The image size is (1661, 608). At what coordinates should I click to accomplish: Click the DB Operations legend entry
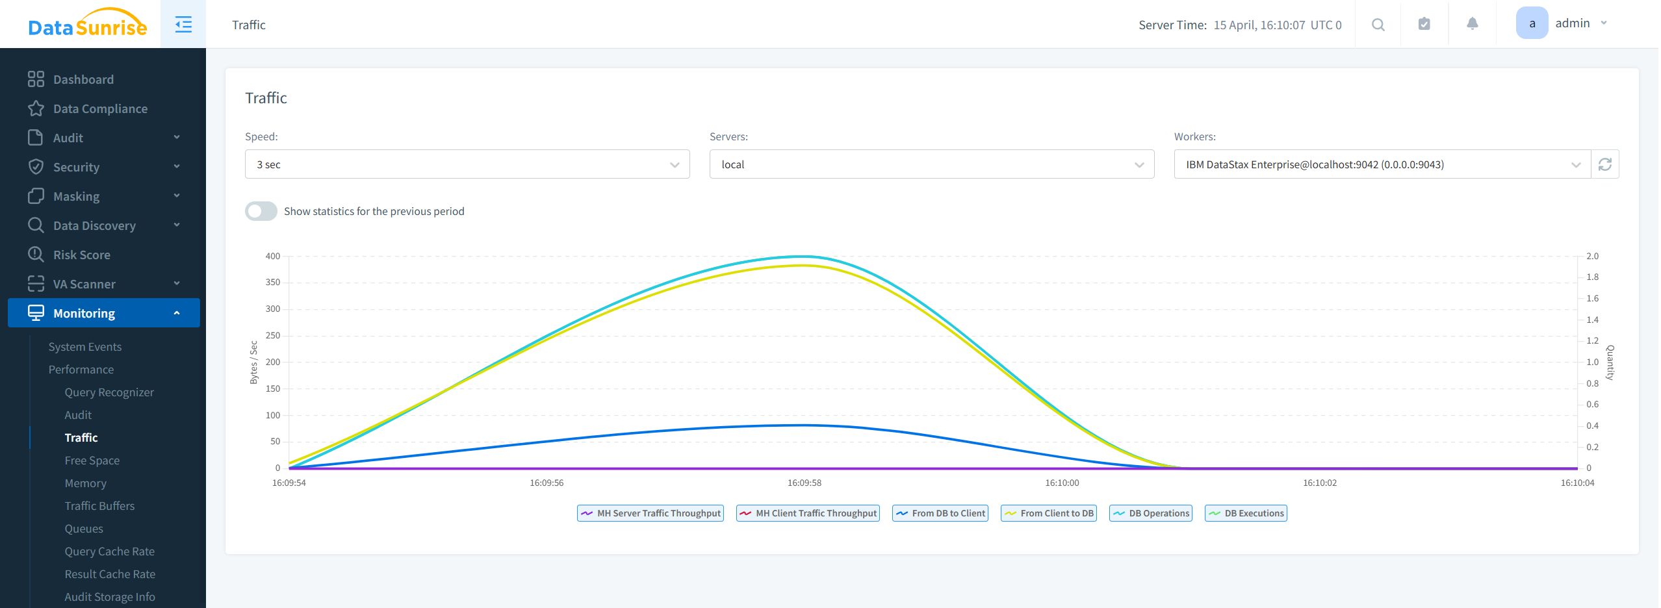tap(1151, 513)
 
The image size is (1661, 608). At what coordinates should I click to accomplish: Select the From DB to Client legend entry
tap(940, 513)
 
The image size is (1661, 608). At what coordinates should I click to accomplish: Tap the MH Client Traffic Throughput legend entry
tap(808, 513)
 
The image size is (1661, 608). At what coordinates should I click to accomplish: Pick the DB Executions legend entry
tap(1246, 513)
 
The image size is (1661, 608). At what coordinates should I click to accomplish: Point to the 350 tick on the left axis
tap(272, 283)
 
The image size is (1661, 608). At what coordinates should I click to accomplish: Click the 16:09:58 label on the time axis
tap(805, 483)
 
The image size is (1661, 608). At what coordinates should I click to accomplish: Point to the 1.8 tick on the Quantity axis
tap(1592, 277)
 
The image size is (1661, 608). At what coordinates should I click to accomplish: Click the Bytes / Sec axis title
tap(253, 362)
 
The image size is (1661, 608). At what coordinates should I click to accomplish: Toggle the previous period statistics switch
tap(261, 211)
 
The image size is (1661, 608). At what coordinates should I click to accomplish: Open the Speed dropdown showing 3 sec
tap(467, 164)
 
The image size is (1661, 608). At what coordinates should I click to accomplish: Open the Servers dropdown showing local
tap(931, 164)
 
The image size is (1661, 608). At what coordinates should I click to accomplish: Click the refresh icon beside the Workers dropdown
tap(1604, 164)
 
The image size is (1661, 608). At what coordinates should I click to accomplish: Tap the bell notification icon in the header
tap(1472, 24)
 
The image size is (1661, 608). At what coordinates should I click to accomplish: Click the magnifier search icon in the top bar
tap(1378, 25)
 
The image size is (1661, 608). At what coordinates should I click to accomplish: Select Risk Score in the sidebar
tap(81, 255)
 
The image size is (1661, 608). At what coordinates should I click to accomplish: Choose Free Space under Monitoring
tap(92, 461)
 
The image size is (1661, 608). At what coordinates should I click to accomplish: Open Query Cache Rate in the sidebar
tap(109, 551)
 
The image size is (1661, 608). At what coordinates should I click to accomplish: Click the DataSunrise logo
tap(87, 24)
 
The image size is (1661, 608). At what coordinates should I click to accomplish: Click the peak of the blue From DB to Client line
tap(805, 425)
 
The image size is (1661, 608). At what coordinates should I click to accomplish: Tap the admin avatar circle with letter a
tap(1532, 23)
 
